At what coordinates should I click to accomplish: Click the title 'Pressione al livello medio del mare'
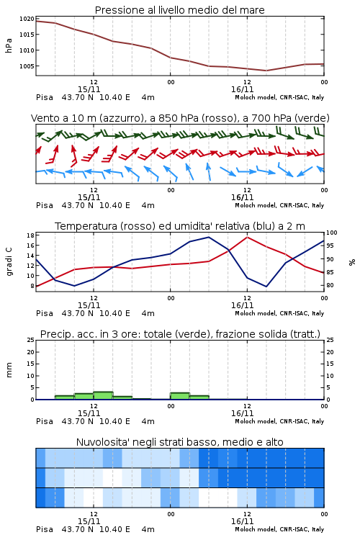tap(179, 10)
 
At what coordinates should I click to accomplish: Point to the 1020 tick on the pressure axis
tap(27, 19)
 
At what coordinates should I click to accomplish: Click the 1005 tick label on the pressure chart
tap(27, 66)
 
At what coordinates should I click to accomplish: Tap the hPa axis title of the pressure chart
tap(9, 45)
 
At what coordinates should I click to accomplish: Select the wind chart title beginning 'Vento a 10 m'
tap(180, 118)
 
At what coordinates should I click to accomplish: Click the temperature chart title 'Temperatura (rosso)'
tap(180, 226)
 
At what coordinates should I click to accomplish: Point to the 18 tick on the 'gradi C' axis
tap(30, 235)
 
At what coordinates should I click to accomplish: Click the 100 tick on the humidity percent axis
tap(331, 233)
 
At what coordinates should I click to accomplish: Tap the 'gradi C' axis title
tap(9, 261)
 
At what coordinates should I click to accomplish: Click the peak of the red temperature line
tap(247, 237)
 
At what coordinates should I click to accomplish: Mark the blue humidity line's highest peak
tap(209, 237)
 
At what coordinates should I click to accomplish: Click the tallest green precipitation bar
tap(104, 396)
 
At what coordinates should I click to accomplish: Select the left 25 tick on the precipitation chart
tap(31, 340)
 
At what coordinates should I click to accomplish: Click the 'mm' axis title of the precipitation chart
tap(9, 370)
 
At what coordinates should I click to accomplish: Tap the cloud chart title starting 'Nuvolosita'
tap(179, 442)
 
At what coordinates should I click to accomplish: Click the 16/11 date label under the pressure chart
tap(242, 89)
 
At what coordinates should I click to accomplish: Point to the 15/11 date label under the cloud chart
tap(89, 521)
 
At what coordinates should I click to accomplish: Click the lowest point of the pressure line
tap(266, 71)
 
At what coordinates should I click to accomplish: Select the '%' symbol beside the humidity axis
tap(352, 262)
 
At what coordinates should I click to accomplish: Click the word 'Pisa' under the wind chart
tap(45, 206)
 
